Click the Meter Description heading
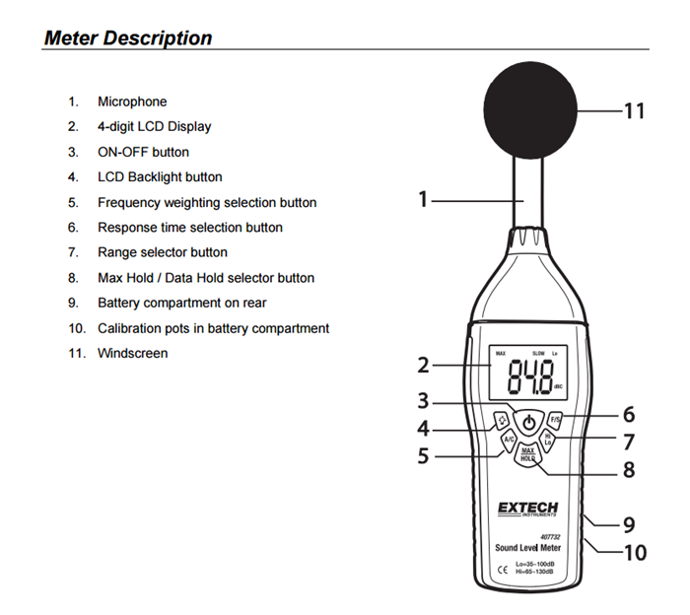click(128, 38)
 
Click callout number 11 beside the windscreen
click(633, 109)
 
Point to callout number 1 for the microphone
click(423, 199)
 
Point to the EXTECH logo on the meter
click(527, 509)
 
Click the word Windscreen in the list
click(132, 353)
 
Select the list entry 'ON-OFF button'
click(143, 152)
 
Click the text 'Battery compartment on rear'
click(181, 303)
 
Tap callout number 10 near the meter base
click(635, 552)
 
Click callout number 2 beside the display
click(423, 365)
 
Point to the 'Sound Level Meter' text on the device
click(527, 547)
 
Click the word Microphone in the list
click(132, 102)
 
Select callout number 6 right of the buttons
click(628, 415)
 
